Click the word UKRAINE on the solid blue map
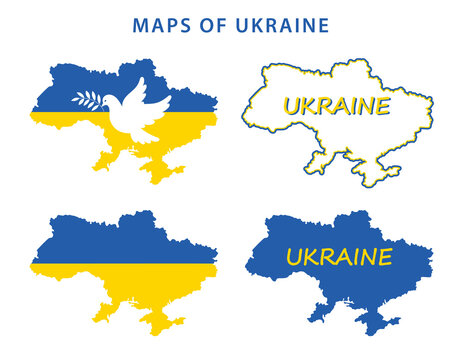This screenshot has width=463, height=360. tap(339, 257)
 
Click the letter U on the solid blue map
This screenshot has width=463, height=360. tap(295, 258)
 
